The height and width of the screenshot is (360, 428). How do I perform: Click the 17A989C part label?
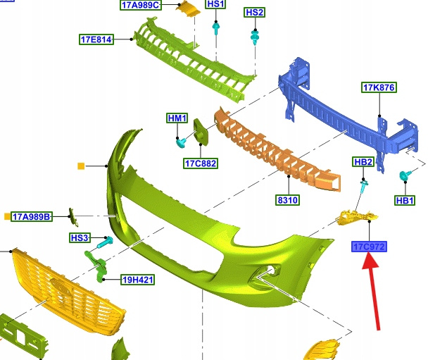[141, 5]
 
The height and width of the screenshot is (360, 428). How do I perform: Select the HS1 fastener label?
[215, 4]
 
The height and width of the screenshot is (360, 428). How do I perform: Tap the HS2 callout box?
[254, 12]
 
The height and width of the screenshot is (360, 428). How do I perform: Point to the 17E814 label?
[96, 39]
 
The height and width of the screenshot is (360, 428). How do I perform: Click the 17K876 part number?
[379, 87]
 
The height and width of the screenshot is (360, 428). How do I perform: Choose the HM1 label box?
[177, 118]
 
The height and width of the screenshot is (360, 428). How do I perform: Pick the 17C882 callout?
[201, 163]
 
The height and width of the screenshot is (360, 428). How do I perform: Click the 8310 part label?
[287, 200]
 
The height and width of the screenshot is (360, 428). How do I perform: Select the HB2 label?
[363, 162]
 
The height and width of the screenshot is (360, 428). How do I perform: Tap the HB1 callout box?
[405, 201]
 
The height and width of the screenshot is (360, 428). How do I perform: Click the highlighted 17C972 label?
[369, 247]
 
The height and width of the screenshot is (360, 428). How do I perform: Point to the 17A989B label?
[32, 216]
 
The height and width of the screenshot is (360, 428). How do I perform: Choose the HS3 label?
[80, 237]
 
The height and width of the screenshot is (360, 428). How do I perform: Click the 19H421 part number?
[138, 280]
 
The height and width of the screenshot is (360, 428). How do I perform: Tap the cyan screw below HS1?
[216, 29]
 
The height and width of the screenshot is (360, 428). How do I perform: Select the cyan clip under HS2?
[255, 37]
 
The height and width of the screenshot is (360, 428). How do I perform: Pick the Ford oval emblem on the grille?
[61, 287]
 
